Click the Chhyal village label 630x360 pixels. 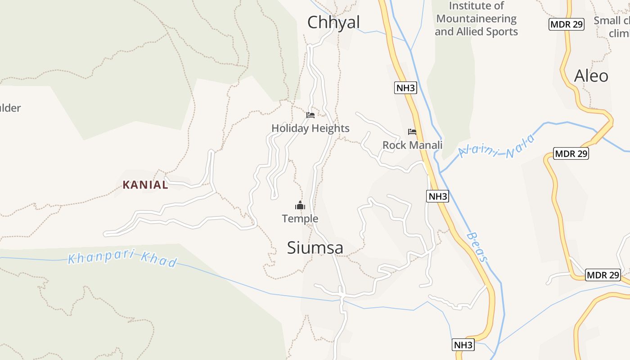(333, 22)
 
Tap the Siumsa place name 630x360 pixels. (315, 247)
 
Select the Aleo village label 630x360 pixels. (591, 76)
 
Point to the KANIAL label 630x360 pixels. (145, 184)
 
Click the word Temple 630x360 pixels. (300, 219)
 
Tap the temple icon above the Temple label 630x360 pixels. (300, 206)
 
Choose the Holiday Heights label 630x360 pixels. (310, 128)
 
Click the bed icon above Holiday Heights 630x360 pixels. (310, 115)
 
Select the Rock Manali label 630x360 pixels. (412, 145)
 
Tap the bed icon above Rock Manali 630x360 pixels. (412, 132)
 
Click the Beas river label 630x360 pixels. (477, 247)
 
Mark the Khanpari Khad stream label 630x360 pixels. (122, 258)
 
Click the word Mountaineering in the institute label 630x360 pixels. (477, 19)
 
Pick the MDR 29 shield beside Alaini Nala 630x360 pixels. (571, 153)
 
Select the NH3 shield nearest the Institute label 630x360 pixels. (405, 88)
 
